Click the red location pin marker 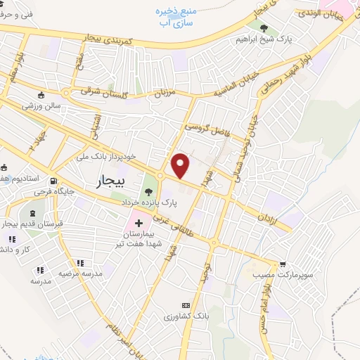pyautogui.click(x=181, y=165)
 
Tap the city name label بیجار pyautogui.click(x=109, y=183)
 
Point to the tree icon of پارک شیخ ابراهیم pyautogui.click(x=264, y=29)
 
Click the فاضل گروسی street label pyautogui.click(x=209, y=127)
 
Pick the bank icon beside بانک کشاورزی pyautogui.click(x=186, y=305)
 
